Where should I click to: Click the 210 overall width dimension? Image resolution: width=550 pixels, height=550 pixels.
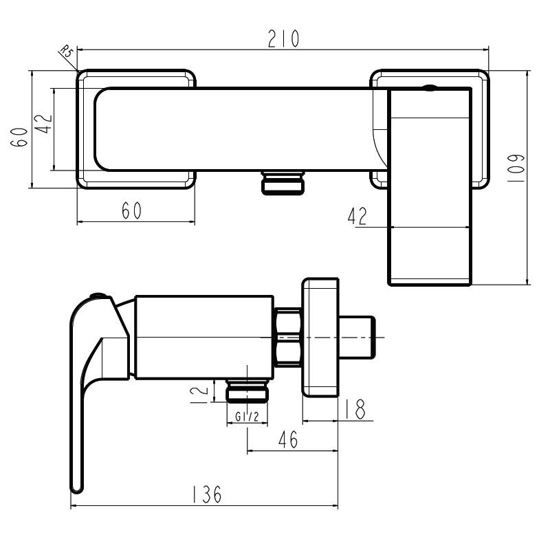(x=283, y=38)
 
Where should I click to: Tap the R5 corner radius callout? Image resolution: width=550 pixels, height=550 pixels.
(x=66, y=51)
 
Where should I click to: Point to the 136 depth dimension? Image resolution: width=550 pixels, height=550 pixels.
(x=207, y=494)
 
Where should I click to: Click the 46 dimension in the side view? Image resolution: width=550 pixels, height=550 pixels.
(x=288, y=439)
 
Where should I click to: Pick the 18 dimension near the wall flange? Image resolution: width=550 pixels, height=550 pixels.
(x=355, y=409)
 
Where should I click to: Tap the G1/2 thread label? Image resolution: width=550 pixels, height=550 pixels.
(x=247, y=417)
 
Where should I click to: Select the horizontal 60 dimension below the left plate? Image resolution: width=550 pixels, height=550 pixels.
(x=131, y=210)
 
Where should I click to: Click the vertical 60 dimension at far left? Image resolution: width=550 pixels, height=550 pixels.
(x=19, y=137)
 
